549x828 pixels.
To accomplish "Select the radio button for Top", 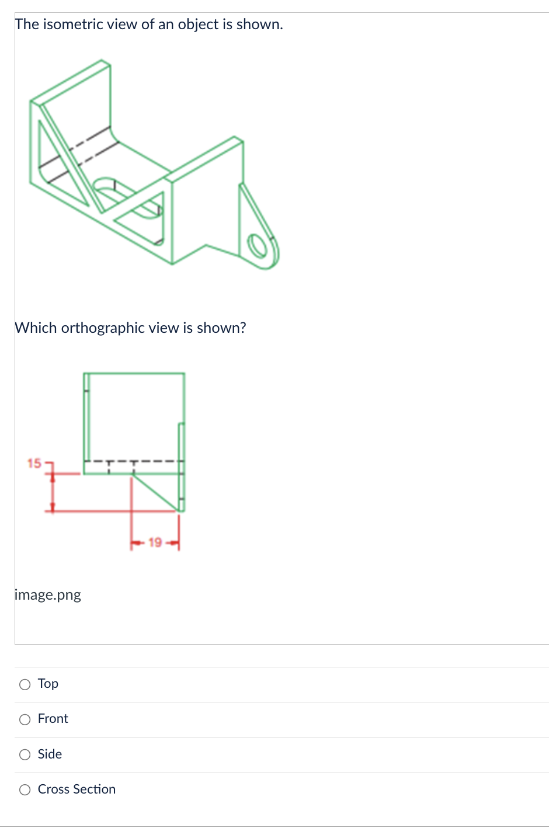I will coord(25,684).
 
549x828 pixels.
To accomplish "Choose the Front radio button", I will coord(25,720).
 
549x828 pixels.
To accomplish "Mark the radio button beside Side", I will coord(25,755).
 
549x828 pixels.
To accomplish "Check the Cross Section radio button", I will coord(25,790).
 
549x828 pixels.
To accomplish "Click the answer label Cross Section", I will coord(77,789).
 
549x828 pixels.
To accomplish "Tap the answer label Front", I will coord(53,719).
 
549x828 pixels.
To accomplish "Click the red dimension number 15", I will coord(34,463).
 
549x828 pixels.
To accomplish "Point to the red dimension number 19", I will coord(155,542).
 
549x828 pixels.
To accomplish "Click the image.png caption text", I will coord(48,595).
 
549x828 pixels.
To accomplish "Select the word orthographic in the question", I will coord(103,328).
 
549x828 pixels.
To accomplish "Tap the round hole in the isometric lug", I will coord(257,246).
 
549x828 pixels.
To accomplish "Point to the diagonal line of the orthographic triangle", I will coord(155,492).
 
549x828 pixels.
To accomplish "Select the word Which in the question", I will coord(36,328).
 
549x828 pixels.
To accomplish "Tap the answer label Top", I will coord(48,684).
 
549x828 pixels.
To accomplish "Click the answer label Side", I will coord(50,754).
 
